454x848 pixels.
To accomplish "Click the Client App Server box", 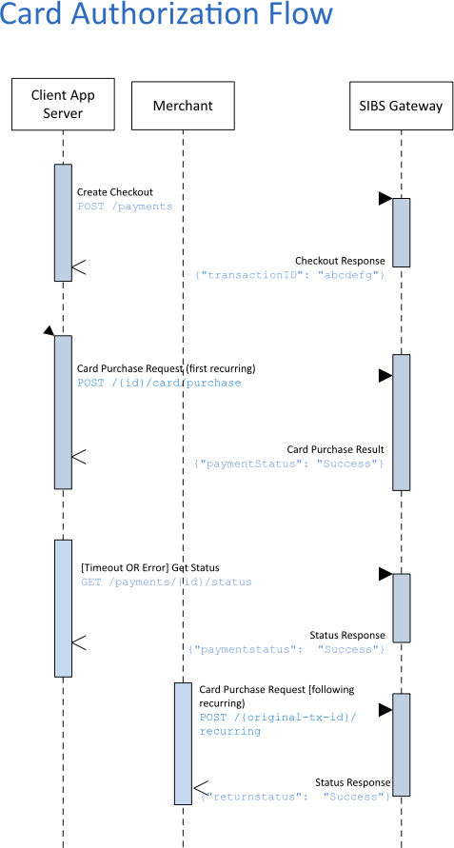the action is [x=63, y=104].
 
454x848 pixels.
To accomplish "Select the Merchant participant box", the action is [x=183, y=106].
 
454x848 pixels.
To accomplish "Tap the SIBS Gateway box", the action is [x=401, y=106].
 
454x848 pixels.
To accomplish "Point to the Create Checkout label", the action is [x=115, y=192].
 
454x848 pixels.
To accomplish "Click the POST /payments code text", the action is [x=125, y=207].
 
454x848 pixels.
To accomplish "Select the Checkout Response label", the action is [x=340, y=261].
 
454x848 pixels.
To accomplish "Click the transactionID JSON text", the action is [x=289, y=275].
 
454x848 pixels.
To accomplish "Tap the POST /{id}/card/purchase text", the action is [x=159, y=383].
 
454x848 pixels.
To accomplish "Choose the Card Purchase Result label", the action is [x=335, y=449].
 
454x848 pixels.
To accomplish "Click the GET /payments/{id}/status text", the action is [x=167, y=582].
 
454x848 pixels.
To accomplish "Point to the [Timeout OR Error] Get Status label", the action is [x=149, y=568].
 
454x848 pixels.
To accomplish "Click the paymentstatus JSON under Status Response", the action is [x=286, y=649].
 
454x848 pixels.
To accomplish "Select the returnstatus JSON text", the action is [x=295, y=797].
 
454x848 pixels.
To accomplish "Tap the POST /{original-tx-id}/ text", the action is [x=279, y=717].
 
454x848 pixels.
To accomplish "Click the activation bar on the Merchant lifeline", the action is [x=183, y=743].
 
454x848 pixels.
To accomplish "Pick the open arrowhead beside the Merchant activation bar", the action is [x=200, y=788].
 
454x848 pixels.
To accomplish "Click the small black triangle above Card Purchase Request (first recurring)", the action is [x=49, y=330].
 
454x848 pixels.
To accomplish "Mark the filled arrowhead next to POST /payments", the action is [x=385, y=199].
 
